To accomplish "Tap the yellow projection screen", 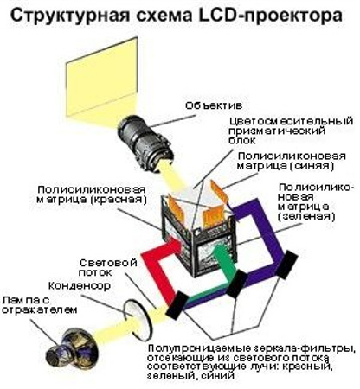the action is (101, 76).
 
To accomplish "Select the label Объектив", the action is (214, 105).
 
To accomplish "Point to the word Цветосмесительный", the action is (291, 121).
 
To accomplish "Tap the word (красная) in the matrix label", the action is (119, 200).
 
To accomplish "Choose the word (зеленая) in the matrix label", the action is (306, 216).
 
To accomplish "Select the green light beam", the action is (227, 261).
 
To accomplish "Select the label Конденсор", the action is (80, 285).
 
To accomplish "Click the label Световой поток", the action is (108, 267).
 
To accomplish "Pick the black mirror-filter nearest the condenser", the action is (177, 305).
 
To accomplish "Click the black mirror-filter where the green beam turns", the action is (237, 284).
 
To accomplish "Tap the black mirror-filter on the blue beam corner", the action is (287, 265).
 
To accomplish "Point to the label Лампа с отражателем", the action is (40, 305).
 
